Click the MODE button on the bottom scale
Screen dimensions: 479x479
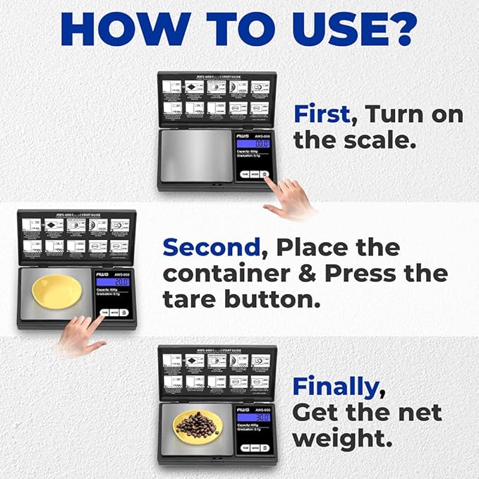255,447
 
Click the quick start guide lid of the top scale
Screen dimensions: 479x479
217,99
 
